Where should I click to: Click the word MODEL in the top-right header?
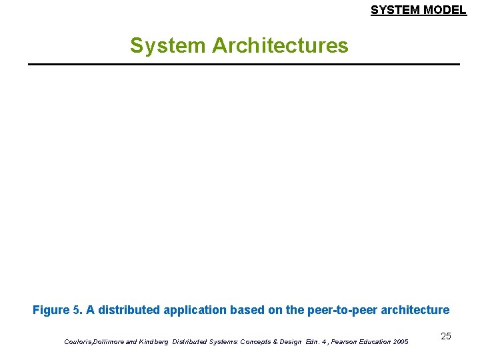point(444,10)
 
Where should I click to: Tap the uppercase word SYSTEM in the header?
point(395,10)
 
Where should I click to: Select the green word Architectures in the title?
point(280,45)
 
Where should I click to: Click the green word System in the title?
point(168,45)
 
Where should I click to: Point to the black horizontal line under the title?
point(244,64)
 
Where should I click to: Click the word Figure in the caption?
point(51,310)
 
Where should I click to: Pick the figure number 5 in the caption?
point(76,310)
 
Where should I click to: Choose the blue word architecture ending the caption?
point(415,310)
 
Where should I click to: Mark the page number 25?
point(445,336)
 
